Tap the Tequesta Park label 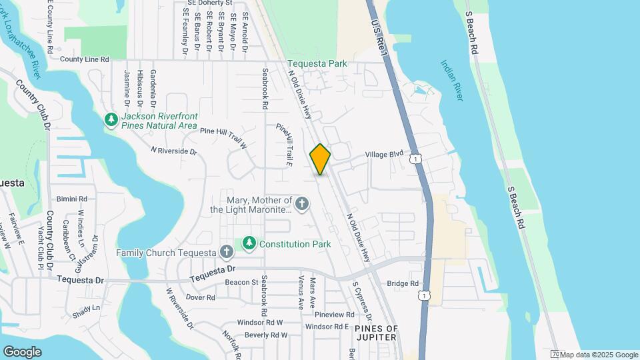click(318, 64)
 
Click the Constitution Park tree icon click(249, 244)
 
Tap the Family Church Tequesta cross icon click(227, 253)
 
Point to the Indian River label click(451, 81)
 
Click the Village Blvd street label click(385, 154)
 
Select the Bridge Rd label click(403, 283)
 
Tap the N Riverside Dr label click(174, 151)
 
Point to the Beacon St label click(241, 283)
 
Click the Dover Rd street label click(200, 297)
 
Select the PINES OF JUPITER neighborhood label click(376, 333)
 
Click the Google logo click(22, 352)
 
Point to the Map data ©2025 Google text click(598, 355)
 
